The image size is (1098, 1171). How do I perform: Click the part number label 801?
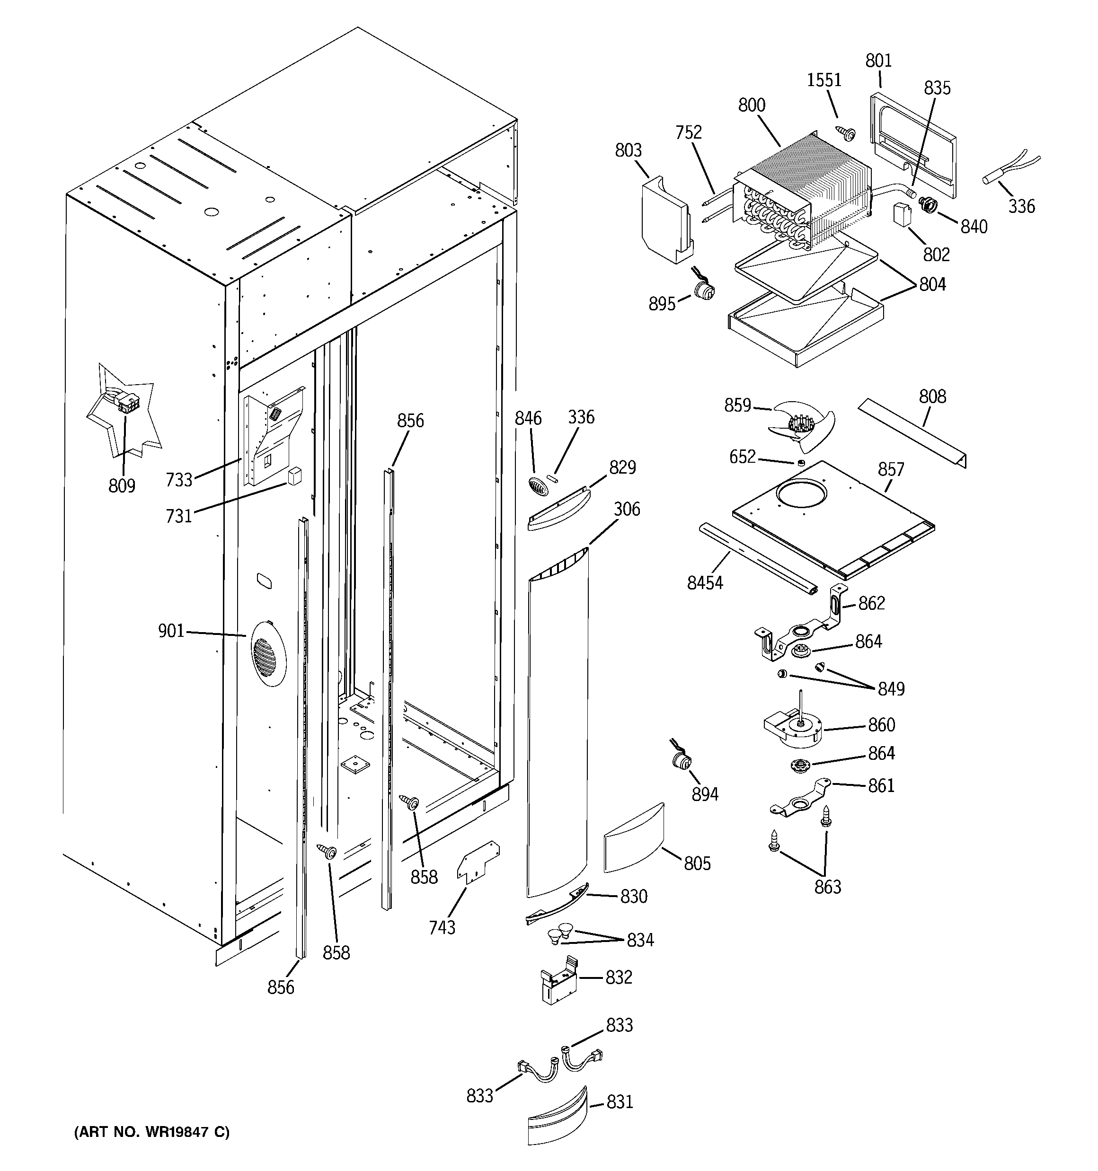[x=878, y=61]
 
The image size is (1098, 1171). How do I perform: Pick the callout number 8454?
[x=705, y=582]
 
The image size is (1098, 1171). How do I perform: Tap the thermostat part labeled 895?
[x=704, y=291]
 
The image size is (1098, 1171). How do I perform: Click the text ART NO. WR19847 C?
[x=151, y=1132]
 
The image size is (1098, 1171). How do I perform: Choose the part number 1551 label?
[x=824, y=80]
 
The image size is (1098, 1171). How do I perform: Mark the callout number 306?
[x=627, y=509]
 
